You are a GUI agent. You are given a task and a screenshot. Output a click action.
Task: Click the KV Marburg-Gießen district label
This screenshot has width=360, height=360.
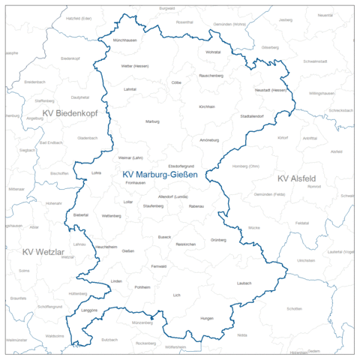[160, 175]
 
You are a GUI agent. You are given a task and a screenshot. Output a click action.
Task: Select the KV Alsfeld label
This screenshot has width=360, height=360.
[297, 178]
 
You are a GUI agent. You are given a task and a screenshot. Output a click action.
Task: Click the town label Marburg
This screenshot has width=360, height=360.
[152, 121]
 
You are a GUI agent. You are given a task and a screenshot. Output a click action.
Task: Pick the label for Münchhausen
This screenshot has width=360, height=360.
[125, 39]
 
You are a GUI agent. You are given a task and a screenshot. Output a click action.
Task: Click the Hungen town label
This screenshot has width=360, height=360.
[207, 319]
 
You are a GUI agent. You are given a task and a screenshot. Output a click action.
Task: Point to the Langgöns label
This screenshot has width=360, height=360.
[89, 308]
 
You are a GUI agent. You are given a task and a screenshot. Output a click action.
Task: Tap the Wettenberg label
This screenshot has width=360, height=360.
[111, 215]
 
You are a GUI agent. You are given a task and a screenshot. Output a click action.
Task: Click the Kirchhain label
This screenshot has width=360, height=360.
[207, 106]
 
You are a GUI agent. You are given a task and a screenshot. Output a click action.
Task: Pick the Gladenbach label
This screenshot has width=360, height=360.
[88, 138]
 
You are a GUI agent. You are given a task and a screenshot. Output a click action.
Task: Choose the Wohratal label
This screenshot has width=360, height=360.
[213, 52]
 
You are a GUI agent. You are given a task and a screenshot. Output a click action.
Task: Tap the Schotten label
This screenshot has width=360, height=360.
[294, 309]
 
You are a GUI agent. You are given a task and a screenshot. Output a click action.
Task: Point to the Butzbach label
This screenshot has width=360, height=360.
[109, 339]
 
